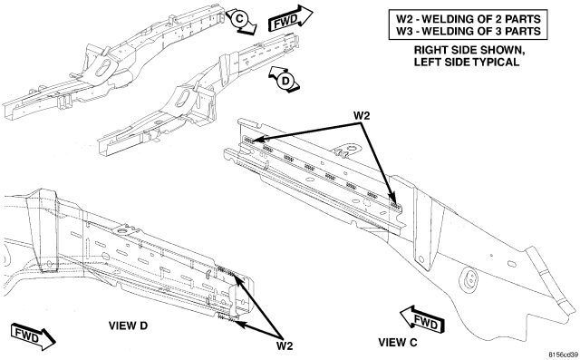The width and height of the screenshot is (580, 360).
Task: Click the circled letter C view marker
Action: pos(239,18)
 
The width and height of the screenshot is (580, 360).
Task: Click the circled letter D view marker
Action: pos(285,81)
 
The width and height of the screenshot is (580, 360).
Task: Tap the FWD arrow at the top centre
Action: pos(291,18)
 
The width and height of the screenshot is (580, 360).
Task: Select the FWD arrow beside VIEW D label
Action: pos(34,336)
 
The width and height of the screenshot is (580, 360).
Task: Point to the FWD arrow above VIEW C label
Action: pos(422,319)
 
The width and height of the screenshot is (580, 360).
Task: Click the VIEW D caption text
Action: pos(128,326)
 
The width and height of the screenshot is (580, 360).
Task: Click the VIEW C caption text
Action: pos(397,343)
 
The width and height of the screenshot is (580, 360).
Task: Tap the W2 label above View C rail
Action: pos(362,116)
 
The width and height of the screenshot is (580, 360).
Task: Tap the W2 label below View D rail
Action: pos(285,346)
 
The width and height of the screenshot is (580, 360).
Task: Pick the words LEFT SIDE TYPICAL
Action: pos(467,63)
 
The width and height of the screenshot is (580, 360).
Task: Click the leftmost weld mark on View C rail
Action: pos(249,140)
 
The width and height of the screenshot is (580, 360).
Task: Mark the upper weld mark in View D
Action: pos(226,270)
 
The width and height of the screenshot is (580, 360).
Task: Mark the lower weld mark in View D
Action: pos(226,317)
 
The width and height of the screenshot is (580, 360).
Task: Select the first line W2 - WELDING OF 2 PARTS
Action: pos(469,19)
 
